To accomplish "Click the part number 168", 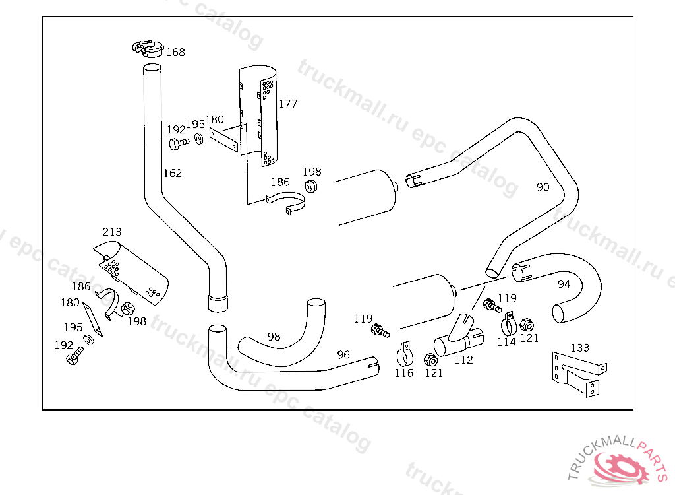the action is coord(175,52).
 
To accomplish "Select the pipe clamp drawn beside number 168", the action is coord(148,48).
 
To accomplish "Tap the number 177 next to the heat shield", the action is coord(288,104).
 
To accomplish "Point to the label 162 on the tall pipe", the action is coord(173,173).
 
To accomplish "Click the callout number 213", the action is coord(112,232).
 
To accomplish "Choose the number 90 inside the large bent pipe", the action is coord(543,187).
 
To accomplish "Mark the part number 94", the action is coord(564,284).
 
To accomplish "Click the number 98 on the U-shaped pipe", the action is coord(274,337).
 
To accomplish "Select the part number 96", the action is coord(343,355).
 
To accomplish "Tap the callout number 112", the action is coord(463,360).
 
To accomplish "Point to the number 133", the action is coord(580,348).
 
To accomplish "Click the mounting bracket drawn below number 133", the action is coord(579,374).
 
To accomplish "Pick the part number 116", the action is coord(404,373).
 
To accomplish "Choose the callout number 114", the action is coord(507,342).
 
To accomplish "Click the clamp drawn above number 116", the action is coord(404,354).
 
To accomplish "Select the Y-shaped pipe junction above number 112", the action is coord(459,337).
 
